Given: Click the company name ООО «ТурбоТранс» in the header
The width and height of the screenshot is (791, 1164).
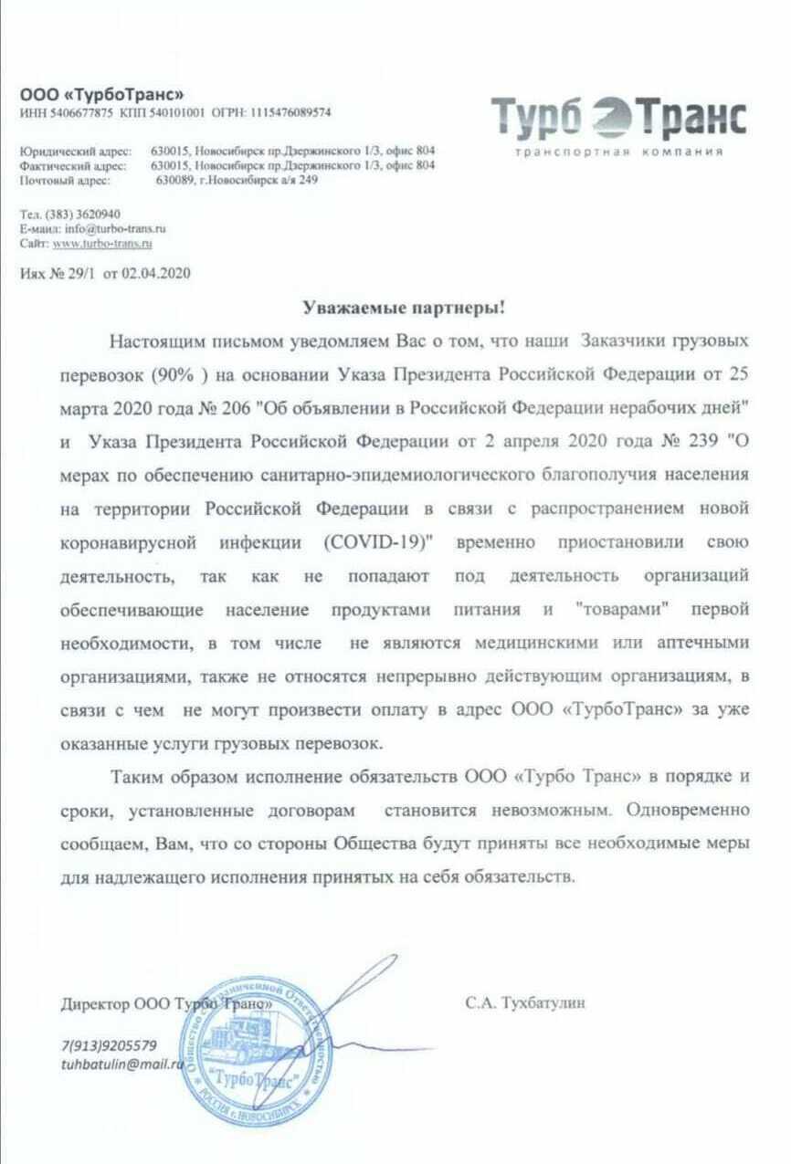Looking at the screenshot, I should point(102,95).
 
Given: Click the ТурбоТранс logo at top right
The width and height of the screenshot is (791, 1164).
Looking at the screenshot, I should point(619,118).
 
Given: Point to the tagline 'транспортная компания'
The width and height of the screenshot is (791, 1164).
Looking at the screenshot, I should point(619,152).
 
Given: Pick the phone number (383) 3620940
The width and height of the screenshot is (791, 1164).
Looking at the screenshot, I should point(81,215).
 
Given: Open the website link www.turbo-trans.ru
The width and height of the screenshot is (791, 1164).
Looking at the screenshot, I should point(102,244).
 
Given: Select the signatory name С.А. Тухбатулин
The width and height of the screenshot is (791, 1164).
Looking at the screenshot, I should point(525,1003).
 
